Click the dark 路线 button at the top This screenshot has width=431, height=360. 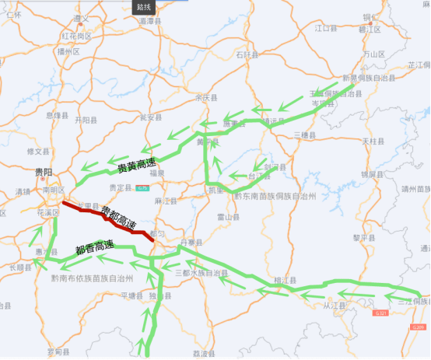[144, 6]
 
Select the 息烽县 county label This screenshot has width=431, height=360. [58, 115]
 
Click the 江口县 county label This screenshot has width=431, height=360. [325, 28]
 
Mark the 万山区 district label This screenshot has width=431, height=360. [374, 54]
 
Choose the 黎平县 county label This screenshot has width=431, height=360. [365, 237]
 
